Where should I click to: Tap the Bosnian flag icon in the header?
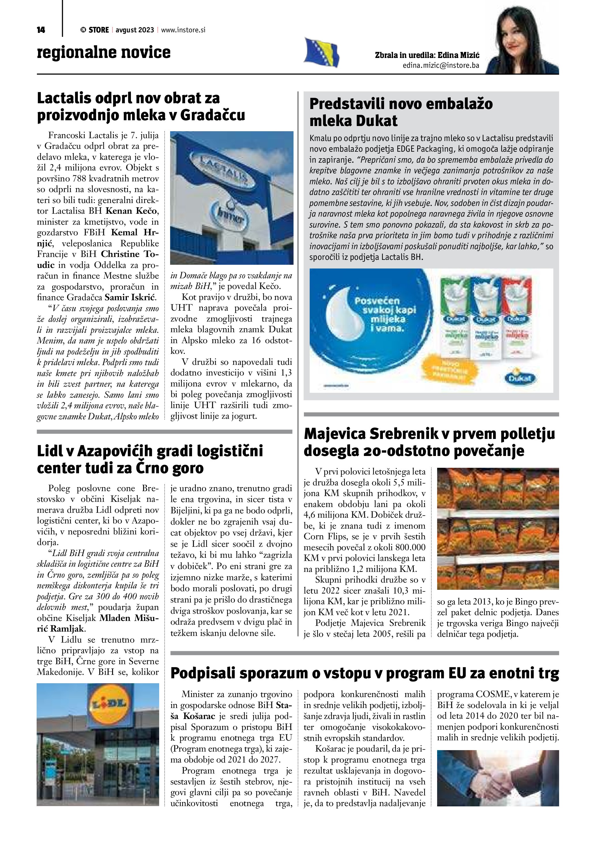pyautogui.click(x=321, y=52)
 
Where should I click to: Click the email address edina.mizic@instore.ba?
pyautogui.click(x=441, y=66)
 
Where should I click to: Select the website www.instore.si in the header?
pyautogui.click(x=183, y=30)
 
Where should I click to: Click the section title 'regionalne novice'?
pyautogui.click(x=104, y=52)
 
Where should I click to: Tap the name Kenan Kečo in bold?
pyautogui.click(x=132, y=211)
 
